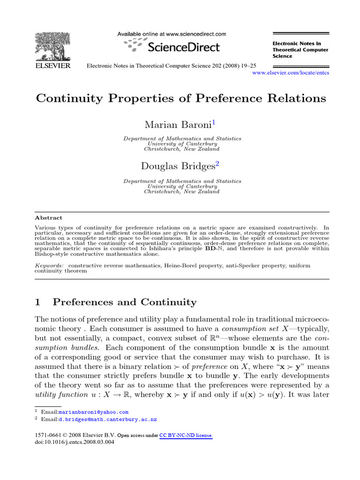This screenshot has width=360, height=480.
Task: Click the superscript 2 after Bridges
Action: point(217,164)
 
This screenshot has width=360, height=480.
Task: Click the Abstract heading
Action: point(49,218)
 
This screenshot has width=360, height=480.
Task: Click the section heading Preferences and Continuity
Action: point(124,302)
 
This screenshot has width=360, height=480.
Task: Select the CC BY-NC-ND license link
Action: point(186,435)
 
